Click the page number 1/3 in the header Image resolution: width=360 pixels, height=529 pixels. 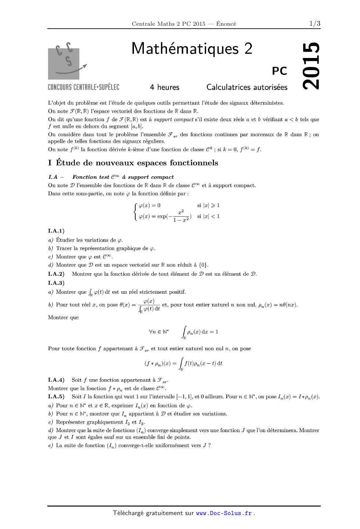314,24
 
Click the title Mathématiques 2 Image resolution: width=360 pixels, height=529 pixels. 192,48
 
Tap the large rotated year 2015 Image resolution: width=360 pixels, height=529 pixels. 311,66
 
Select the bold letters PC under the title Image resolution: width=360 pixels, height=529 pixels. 279,71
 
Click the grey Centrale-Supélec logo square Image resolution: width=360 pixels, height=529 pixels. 64,64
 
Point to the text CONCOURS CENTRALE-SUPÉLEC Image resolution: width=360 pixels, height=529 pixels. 84,87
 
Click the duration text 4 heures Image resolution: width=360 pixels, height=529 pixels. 164,87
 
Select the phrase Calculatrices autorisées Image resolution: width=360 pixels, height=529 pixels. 247,87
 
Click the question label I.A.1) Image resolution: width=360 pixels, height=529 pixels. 56,231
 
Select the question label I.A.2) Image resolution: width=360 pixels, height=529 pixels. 56,274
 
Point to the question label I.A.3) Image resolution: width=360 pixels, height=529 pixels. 56,283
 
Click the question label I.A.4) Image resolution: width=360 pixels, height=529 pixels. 56,380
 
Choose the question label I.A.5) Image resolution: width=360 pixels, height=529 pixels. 56,396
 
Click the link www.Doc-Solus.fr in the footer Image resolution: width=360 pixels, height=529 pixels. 224,513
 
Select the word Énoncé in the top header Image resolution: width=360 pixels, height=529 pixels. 226,24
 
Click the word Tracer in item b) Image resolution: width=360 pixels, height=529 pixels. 64,249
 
